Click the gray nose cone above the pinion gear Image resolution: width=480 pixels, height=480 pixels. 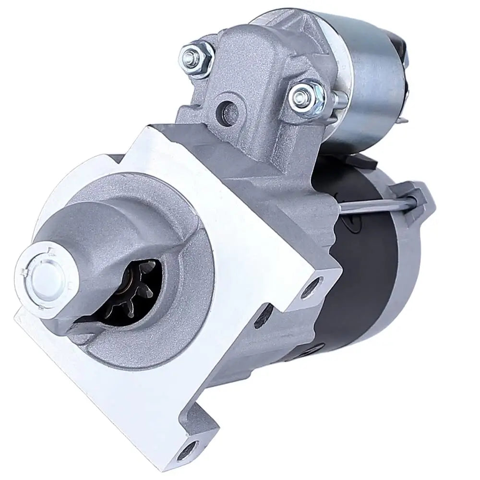tap(115, 230)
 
